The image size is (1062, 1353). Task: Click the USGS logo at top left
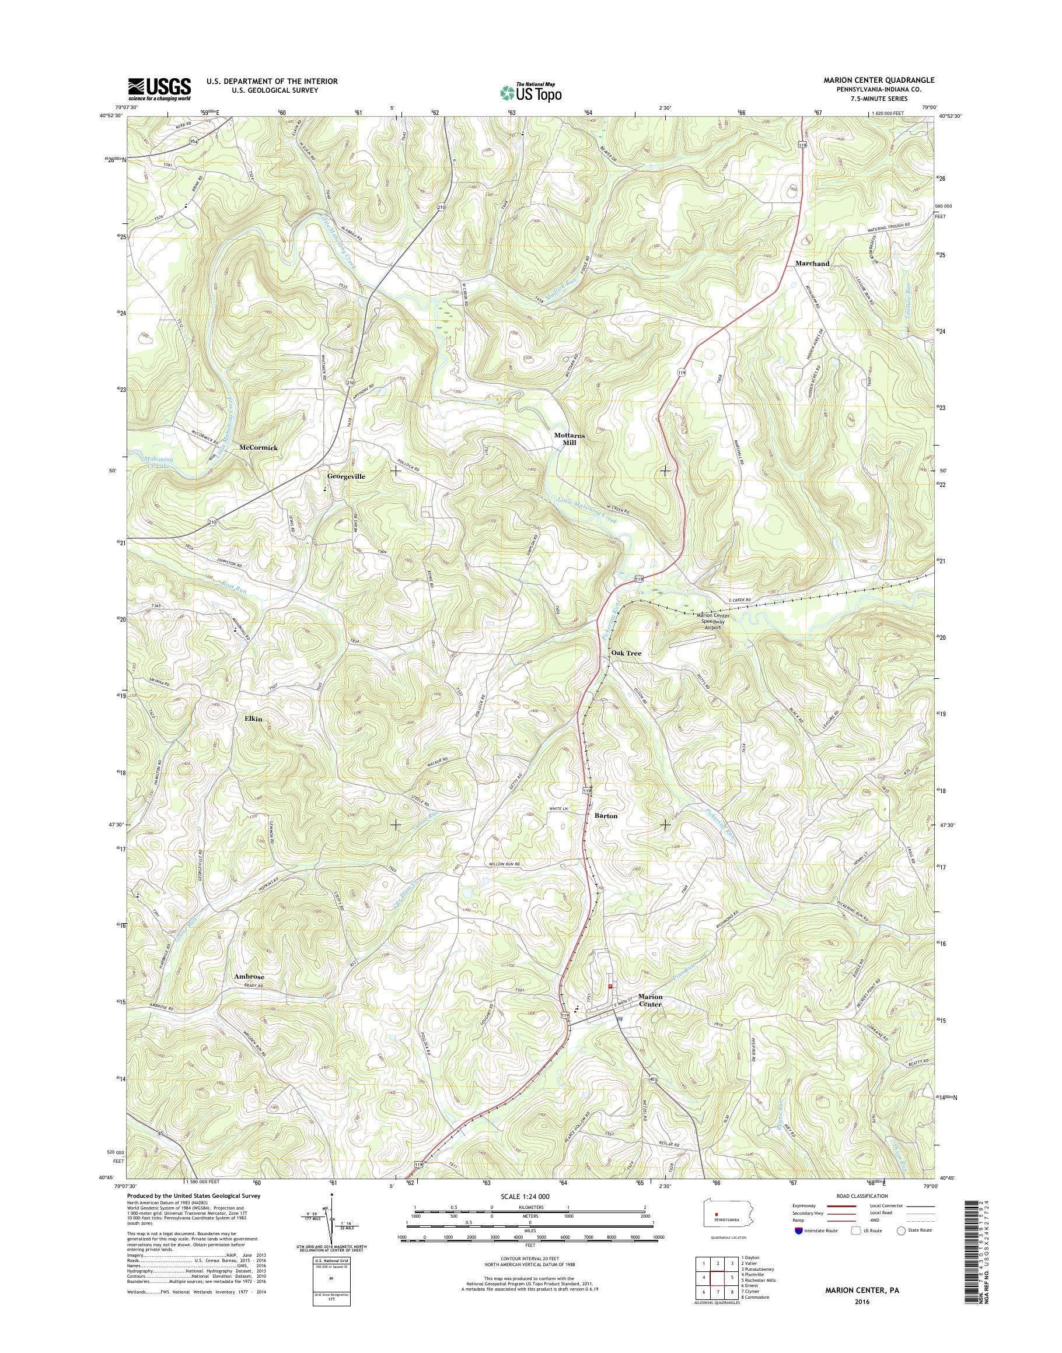159,89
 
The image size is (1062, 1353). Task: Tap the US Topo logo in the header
530,92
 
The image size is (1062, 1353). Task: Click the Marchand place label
812,264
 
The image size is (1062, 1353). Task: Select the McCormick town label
258,447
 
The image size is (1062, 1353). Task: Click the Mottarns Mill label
569,439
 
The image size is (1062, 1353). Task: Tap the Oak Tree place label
626,653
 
